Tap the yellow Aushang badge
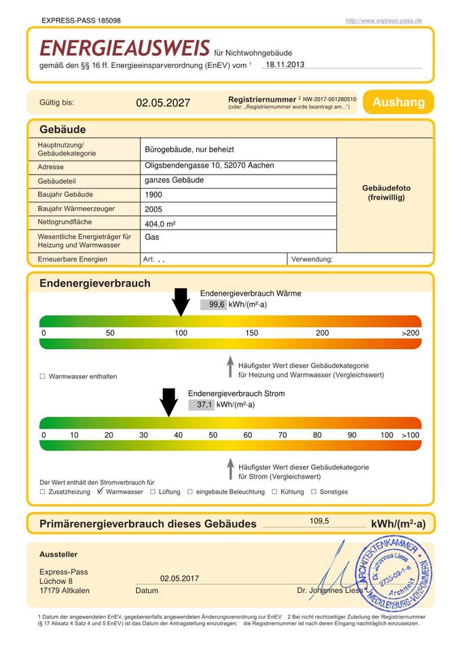tap(398, 102)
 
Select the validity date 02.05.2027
tap(163, 103)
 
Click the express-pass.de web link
tap(384, 21)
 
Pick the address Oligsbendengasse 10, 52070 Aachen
tap(209, 165)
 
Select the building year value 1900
tap(153, 195)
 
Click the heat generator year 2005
tap(153, 209)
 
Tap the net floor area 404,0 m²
tap(160, 223)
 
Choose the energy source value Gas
tap(151, 237)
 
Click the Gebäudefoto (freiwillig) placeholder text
tap(386, 192)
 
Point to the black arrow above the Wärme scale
tap(181, 302)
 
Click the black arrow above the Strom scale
tap(168, 402)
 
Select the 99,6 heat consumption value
tap(217, 305)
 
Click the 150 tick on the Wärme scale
tap(251, 333)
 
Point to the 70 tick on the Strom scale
tap(282, 435)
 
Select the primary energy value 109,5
tap(319, 521)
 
